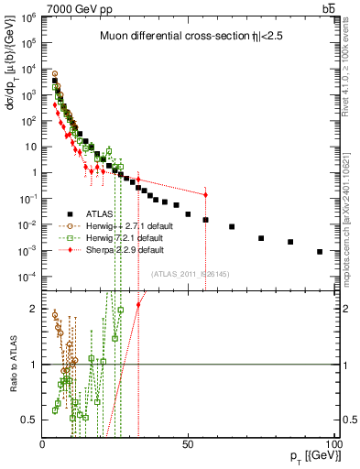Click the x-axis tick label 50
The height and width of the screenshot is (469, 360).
tap(187, 443)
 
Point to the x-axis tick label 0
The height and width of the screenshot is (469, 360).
tap(43, 443)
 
